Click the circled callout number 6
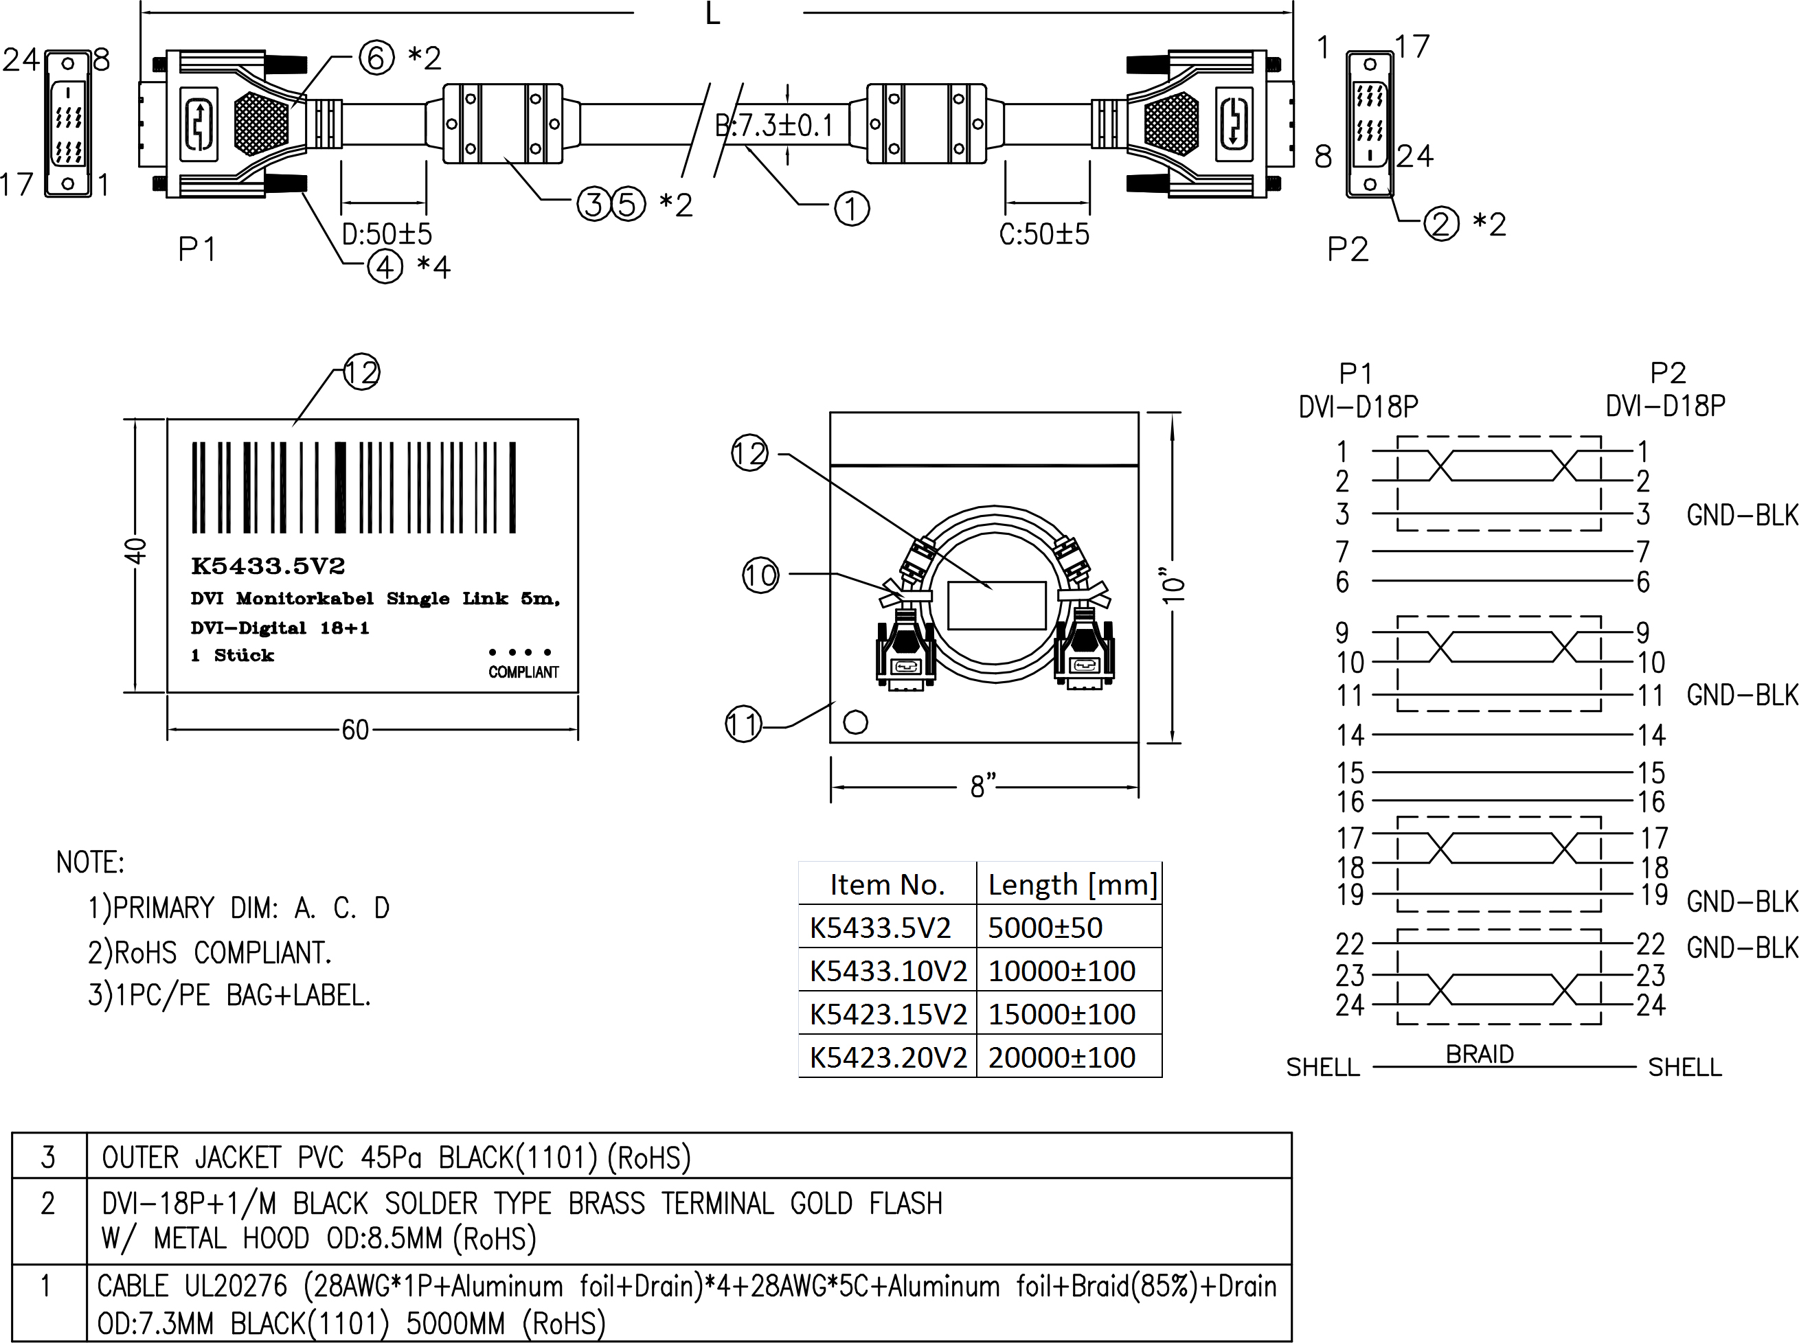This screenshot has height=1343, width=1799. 376,58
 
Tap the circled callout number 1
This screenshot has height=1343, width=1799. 852,209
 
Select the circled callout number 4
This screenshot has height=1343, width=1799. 385,266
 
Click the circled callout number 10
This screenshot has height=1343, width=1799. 760,575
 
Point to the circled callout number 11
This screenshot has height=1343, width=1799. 743,724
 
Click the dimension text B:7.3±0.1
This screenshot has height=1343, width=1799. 774,126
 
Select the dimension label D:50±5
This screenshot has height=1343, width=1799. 386,234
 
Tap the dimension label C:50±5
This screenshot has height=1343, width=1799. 1043,234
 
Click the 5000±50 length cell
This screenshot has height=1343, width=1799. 1045,928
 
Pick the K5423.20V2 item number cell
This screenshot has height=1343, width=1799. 887,1057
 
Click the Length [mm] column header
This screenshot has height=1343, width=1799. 1072,884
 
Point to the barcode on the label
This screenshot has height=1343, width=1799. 354,487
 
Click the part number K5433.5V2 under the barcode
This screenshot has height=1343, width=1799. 268,566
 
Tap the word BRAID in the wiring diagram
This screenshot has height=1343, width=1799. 1480,1055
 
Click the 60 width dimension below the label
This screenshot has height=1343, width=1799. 355,730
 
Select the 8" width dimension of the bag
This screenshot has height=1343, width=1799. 983,786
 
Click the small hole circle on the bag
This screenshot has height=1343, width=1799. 856,722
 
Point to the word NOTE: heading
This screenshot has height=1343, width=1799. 90,862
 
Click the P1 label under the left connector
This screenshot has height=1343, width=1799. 197,249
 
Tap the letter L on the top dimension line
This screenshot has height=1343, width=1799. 713,14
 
